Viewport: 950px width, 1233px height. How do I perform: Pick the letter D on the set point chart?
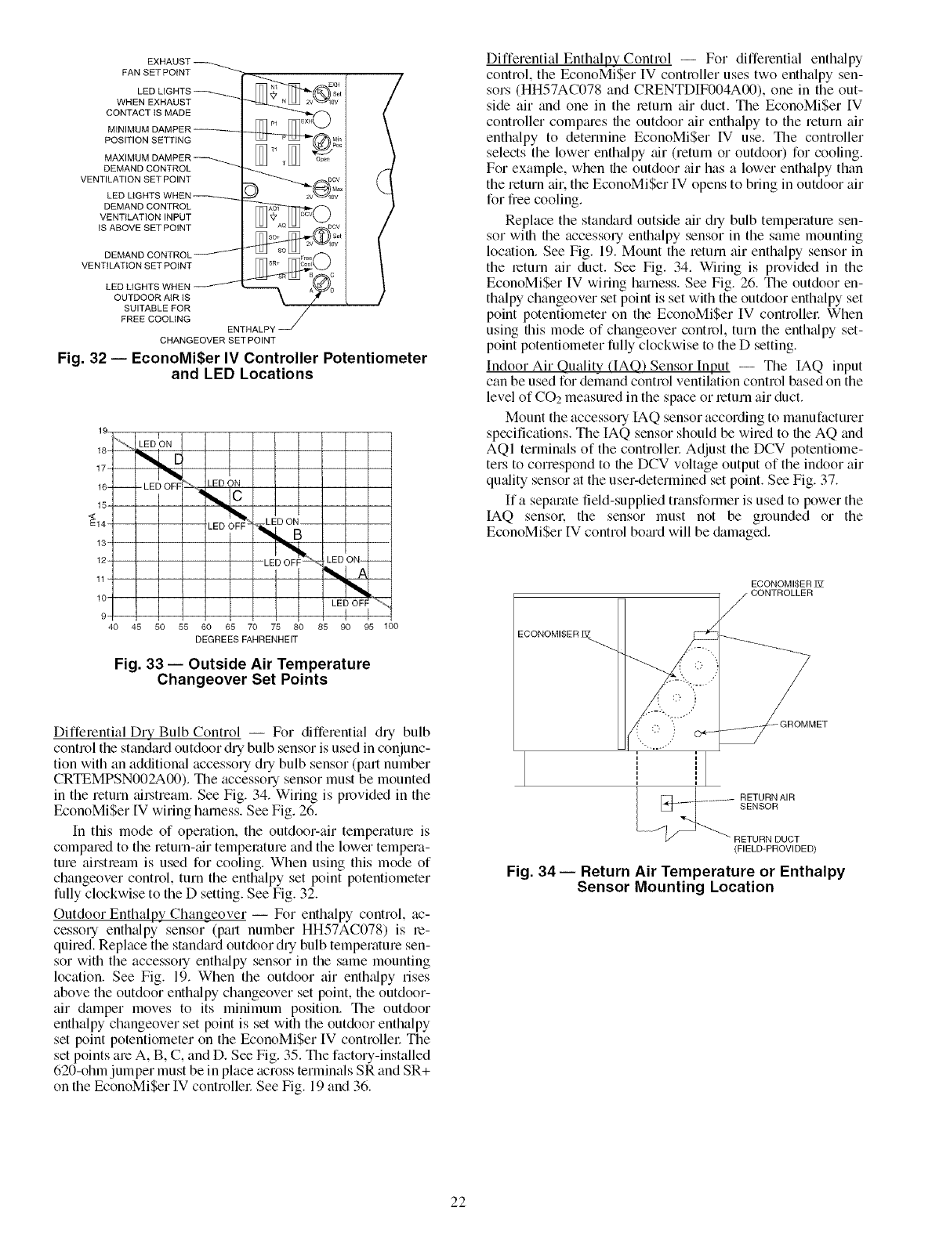(177, 460)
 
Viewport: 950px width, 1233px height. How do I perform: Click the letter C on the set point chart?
(237, 496)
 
